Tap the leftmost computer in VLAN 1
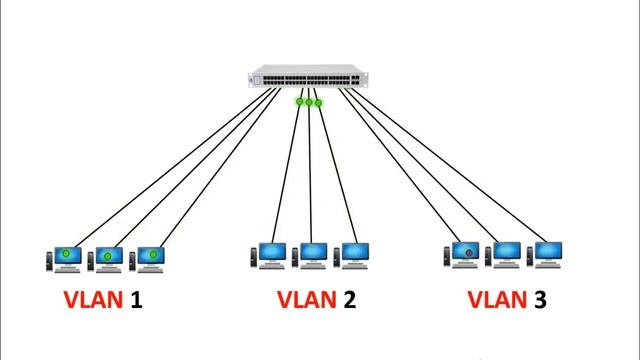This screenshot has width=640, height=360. pyautogui.click(x=65, y=258)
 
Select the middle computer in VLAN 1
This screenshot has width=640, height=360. pyautogui.click(x=107, y=258)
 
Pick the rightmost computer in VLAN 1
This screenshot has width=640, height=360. pyautogui.click(x=151, y=258)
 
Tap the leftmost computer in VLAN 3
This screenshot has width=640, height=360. pyautogui.click(x=464, y=254)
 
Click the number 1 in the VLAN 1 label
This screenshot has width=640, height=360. pyautogui.click(x=136, y=299)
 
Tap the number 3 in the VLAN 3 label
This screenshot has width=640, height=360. pyautogui.click(x=540, y=299)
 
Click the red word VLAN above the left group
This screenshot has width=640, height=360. pyautogui.click(x=93, y=299)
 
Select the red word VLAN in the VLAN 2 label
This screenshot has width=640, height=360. pyautogui.click(x=305, y=299)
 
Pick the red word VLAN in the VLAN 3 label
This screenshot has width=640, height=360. pyautogui.click(x=497, y=299)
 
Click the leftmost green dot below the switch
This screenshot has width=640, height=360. pyautogui.click(x=300, y=101)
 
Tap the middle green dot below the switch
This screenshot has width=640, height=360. pyautogui.click(x=310, y=101)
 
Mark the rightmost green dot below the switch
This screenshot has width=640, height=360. pyautogui.click(x=319, y=102)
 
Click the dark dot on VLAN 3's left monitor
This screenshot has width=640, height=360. pyautogui.click(x=468, y=252)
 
